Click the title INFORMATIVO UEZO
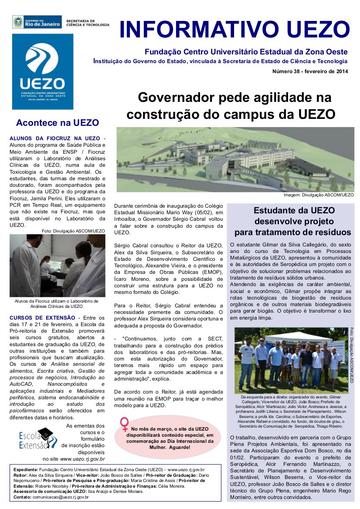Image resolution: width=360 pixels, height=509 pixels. [x=234, y=30]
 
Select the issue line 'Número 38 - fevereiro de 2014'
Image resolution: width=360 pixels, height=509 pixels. [x=310, y=71]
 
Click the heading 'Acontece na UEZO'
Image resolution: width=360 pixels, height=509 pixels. [x=57, y=123]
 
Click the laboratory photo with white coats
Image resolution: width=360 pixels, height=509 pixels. [x=57, y=266]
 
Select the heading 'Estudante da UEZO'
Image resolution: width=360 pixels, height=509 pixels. [x=294, y=210]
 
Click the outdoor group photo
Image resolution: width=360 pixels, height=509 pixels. [x=291, y=360]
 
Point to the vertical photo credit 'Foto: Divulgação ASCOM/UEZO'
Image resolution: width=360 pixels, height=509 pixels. [x=352, y=355]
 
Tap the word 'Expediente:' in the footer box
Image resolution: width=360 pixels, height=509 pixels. [x=26, y=469]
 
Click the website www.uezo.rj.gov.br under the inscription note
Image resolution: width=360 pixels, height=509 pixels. [x=82, y=458]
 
